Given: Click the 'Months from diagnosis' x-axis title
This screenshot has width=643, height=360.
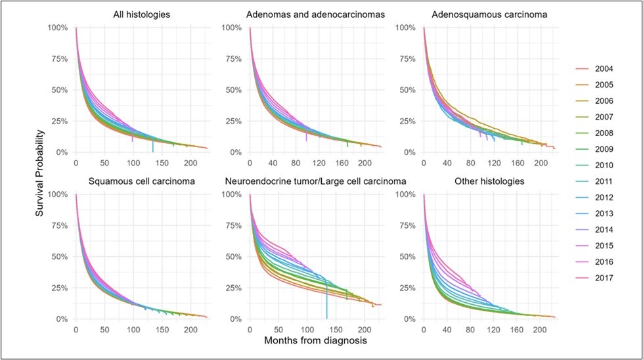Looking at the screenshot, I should coord(309,341).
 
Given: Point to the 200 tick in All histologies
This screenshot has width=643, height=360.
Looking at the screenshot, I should coord(189,163).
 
